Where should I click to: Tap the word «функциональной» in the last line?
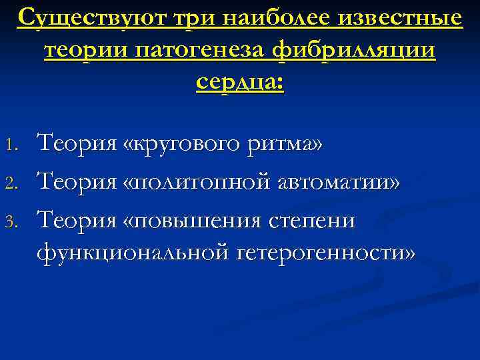[127, 252]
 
